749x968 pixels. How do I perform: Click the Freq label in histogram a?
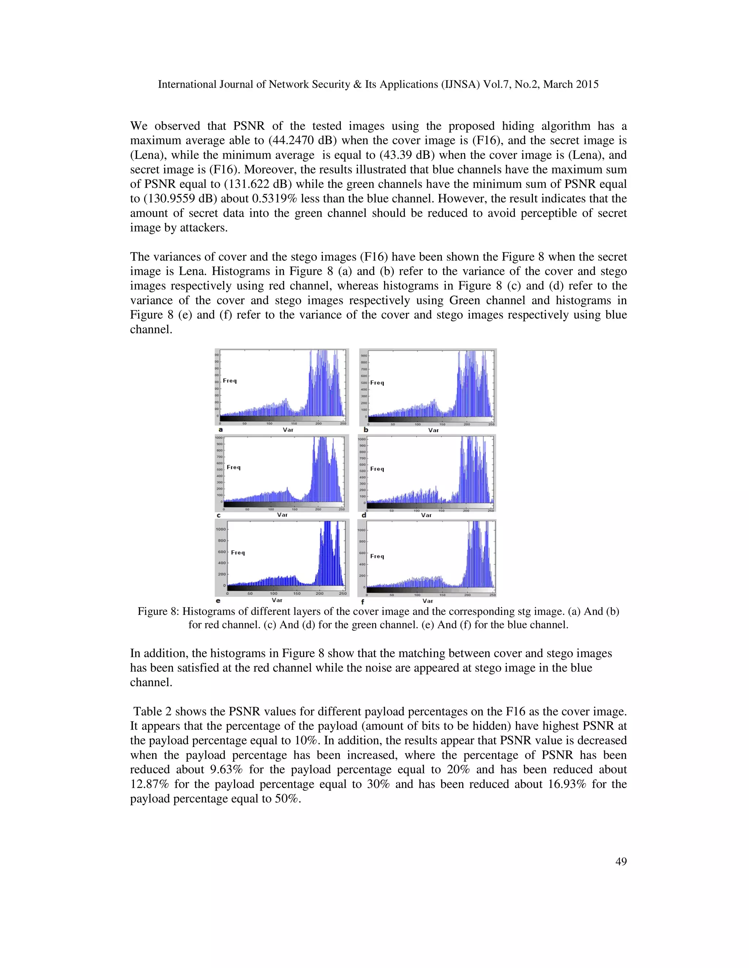pyautogui.click(x=229, y=381)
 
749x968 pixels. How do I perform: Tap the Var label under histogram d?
pyautogui.click(x=426, y=515)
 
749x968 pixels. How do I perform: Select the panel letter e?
pyautogui.click(x=218, y=601)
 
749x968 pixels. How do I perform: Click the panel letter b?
pyautogui.click(x=366, y=430)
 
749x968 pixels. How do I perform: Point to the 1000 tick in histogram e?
pyautogui.click(x=221, y=529)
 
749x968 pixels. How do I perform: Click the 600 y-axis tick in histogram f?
pyautogui.click(x=362, y=553)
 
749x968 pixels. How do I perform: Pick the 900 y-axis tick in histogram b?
pyautogui.click(x=364, y=355)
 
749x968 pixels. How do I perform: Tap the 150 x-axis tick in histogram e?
pyautogui.click(x=297, y=594)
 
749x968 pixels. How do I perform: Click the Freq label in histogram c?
pyautogui.click(x=233, y=467)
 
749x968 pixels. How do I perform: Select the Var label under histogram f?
pyautogui.click(x=428, y=601)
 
